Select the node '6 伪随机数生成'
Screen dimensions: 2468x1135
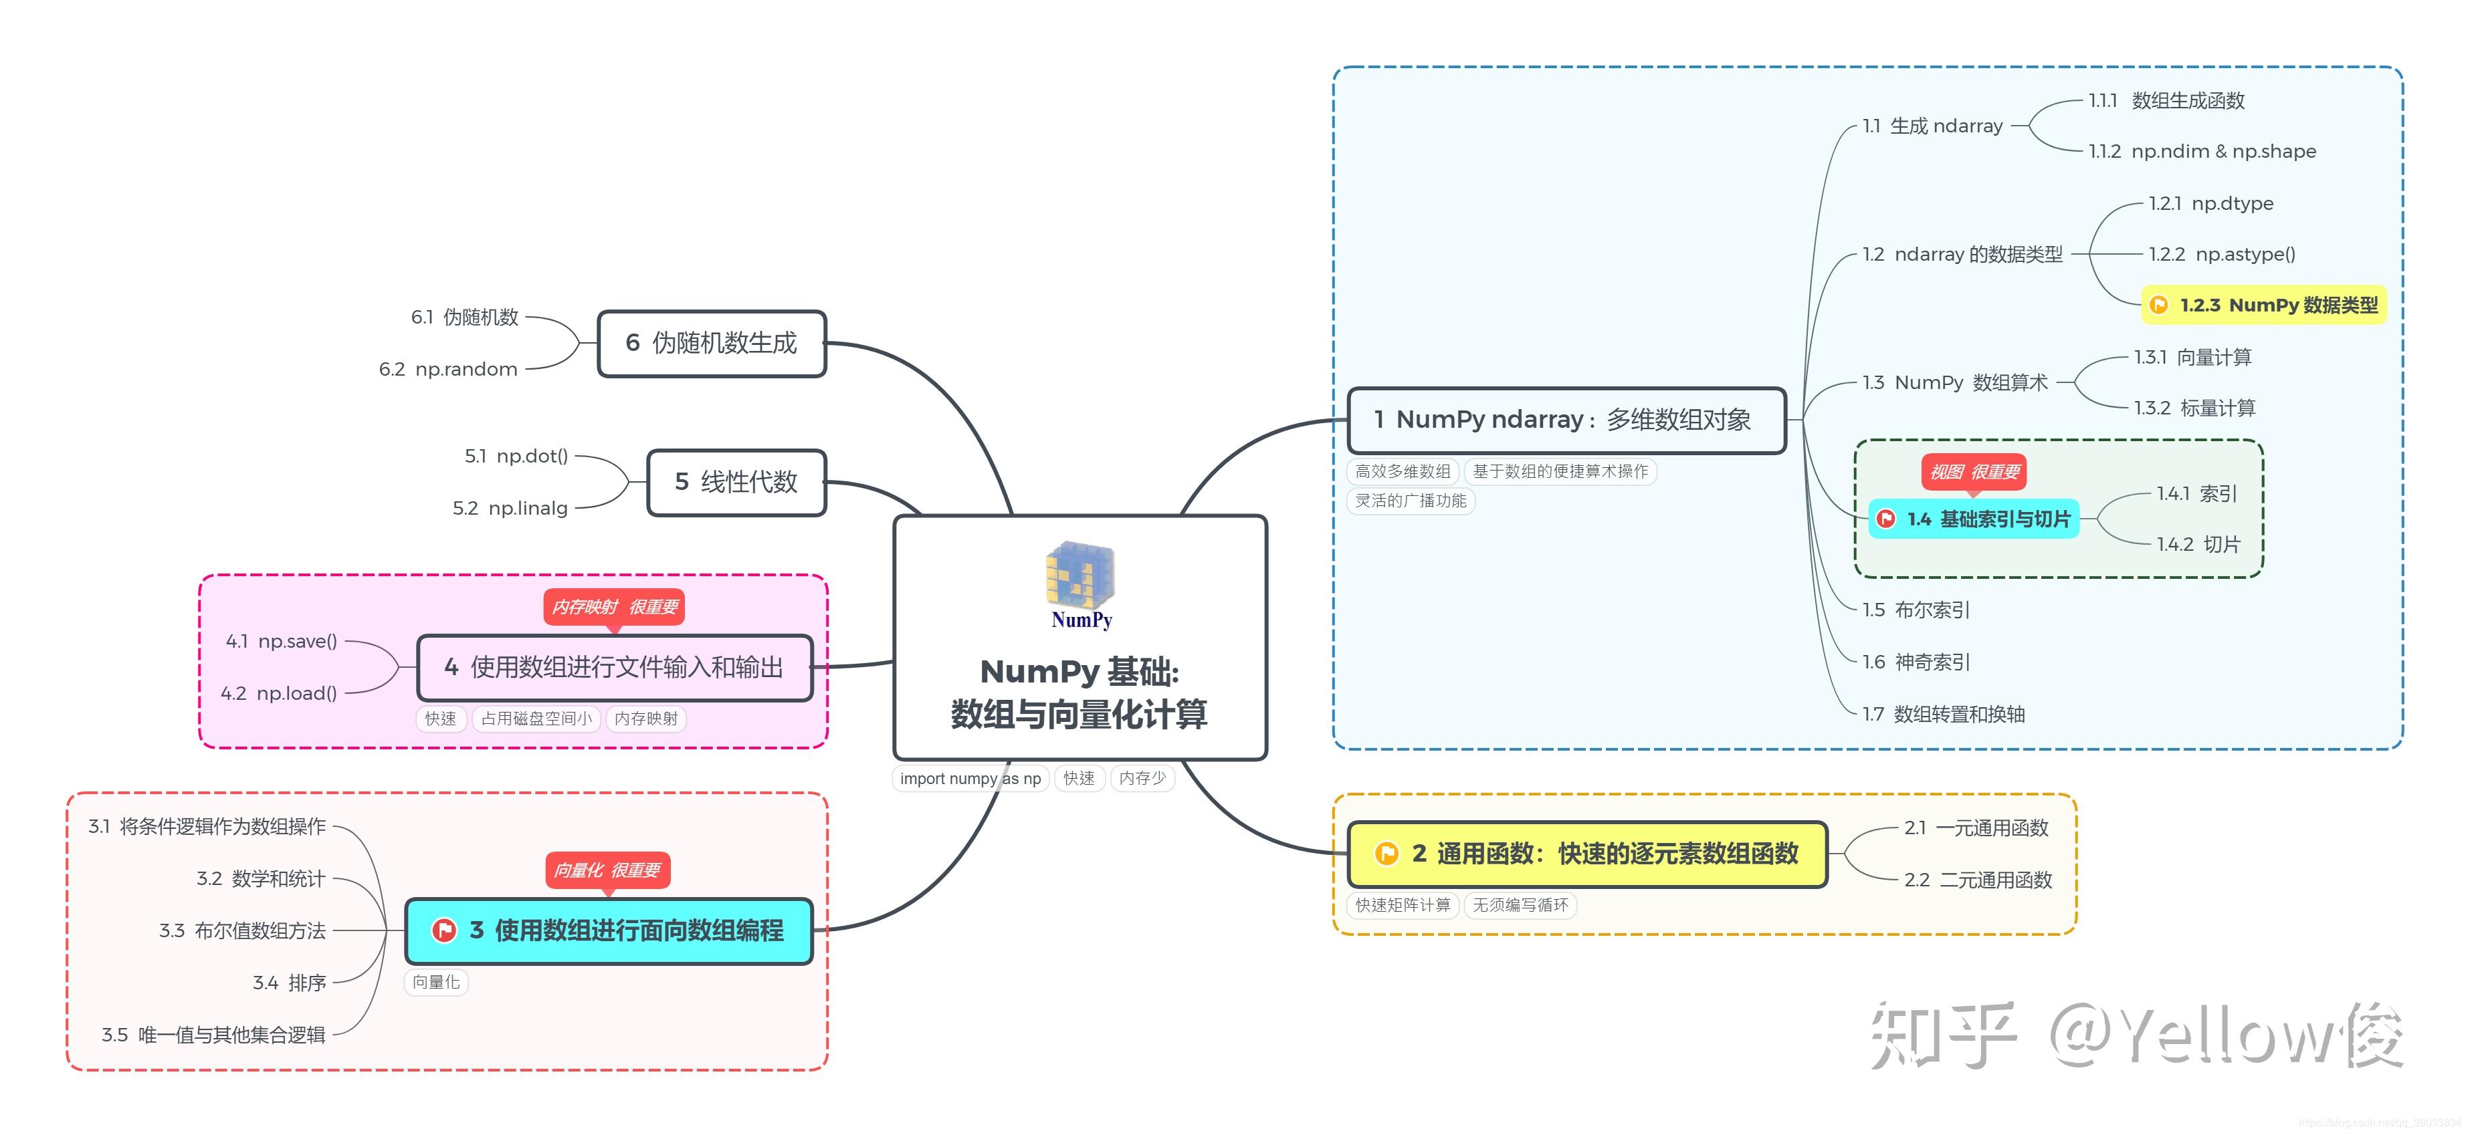tap(712, 343)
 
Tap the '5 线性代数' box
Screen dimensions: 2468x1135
tap(737, 482)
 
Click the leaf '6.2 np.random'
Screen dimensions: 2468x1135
tap(448, 369)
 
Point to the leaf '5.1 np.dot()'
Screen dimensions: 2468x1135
tap(516, 456)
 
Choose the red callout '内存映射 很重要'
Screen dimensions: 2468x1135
tap(614, 607)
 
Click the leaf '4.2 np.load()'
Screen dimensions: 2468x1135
tap(279, 692)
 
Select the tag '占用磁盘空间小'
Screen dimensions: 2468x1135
tap(536, 719)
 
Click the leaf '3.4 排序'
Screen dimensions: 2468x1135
tap(290, 983)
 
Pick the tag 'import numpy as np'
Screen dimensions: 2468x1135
tap(970, 779)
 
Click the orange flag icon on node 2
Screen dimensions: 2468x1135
tap(1386, 854)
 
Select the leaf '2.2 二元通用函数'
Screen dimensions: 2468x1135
tap(1978, 879)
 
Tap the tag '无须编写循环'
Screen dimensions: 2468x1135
tap(1520, 905)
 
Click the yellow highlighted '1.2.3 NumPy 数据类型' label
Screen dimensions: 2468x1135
tap(2264, 305)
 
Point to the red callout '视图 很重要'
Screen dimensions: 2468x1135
tap(1974, 472)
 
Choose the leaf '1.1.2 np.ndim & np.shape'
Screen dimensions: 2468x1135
tap(2202, 151)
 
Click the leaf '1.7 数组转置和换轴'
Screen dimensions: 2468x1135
tap(1944, 714)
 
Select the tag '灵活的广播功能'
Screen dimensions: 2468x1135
tap(1411, 501)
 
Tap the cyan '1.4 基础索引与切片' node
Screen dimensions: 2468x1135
tap(1974, 519)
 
